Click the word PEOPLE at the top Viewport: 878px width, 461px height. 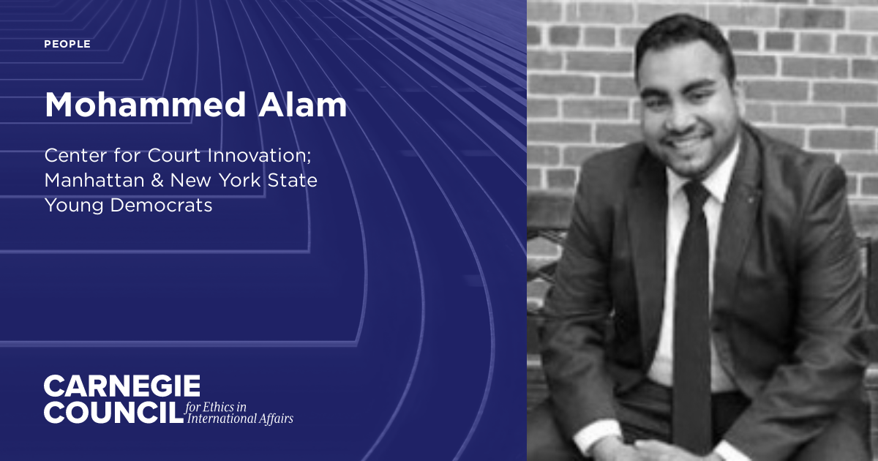(x=67, y=45)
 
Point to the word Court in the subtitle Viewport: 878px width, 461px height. (x=183, y=156)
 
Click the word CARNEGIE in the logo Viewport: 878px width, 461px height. (x=121, y=386)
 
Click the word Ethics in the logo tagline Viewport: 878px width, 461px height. (x=219, y=407)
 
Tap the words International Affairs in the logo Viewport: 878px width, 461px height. (x=240, y=419)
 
